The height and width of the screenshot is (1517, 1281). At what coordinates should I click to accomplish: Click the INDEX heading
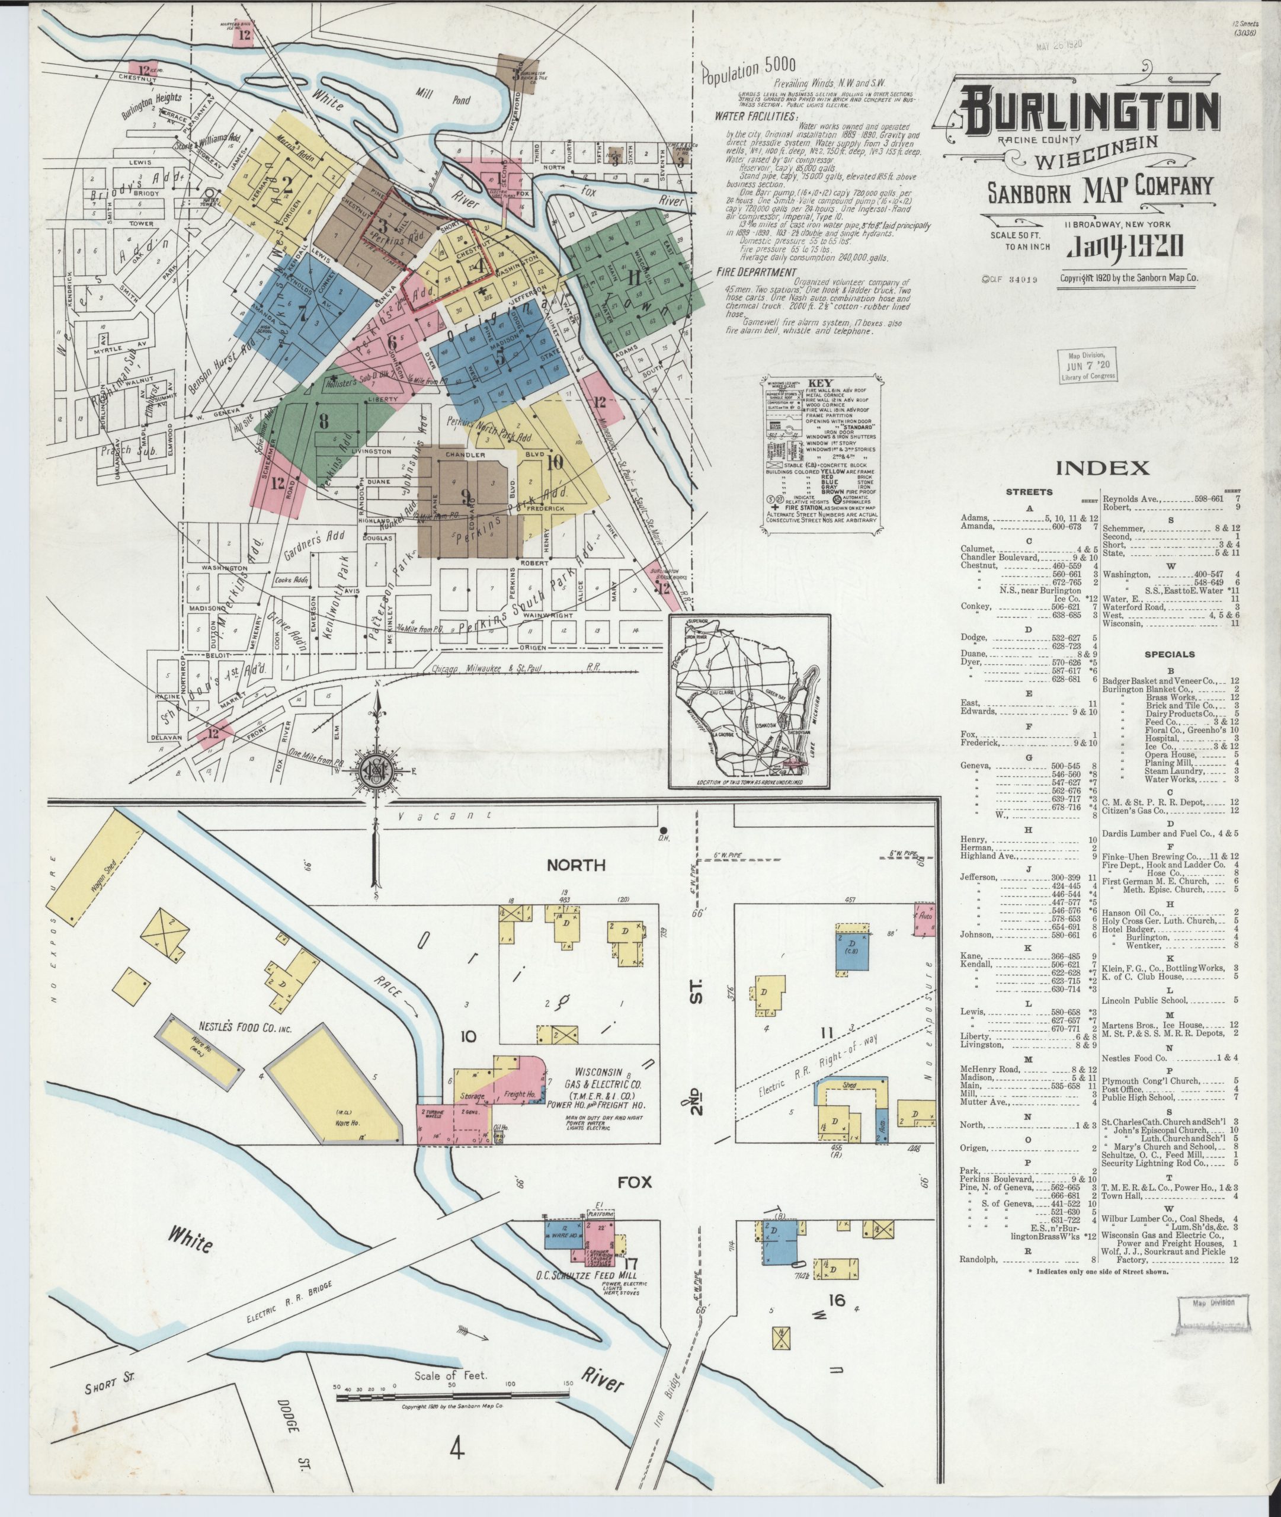point(1101,468)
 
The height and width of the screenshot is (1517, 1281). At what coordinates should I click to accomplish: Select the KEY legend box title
point(824,383)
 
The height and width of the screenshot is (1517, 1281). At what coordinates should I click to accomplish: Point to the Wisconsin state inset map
point(750,702)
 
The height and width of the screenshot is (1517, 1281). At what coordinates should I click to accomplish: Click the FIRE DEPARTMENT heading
point(756,273)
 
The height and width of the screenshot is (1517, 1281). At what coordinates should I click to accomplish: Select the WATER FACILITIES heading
point(756,116)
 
